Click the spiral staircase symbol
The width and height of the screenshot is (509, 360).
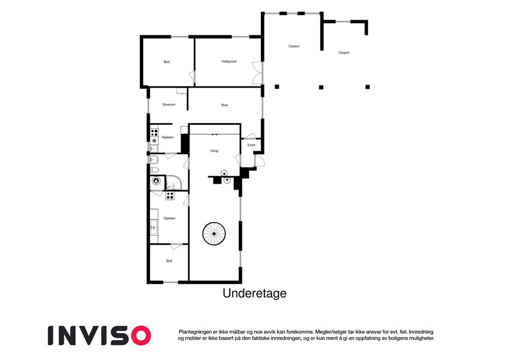click(x=214, y=233)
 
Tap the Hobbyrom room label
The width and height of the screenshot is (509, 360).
click(x=229, y=61)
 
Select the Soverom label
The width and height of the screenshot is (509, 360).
click(x=169, y=104)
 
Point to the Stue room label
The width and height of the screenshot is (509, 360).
click(x=225, y=105)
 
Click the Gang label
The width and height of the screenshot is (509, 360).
click(x=214, y=151)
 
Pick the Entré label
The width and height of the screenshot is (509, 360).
click(x=252, y=145)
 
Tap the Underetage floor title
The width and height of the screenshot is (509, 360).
click(x=254, y=293)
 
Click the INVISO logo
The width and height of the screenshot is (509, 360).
click(x=100, y=335)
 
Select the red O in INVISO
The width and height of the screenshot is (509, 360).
click(x=141, y=335)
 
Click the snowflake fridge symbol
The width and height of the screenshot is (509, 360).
click(x=154, y=140)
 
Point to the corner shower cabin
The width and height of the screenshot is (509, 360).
click(x=174, y=182)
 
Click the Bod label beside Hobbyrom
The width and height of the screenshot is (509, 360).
click(x=167, y=62)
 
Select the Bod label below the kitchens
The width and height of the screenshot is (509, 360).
click(x=169, y=261)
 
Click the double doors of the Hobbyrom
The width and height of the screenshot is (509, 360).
click(x=257, y=73)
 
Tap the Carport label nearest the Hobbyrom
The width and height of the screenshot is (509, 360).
click(x=294, y=46)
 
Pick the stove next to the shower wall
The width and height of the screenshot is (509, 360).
click(x=170, y=196)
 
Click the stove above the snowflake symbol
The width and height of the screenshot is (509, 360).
click(x=154, y=132)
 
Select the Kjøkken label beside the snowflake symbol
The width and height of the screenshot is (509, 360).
click(x=168, y=137)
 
